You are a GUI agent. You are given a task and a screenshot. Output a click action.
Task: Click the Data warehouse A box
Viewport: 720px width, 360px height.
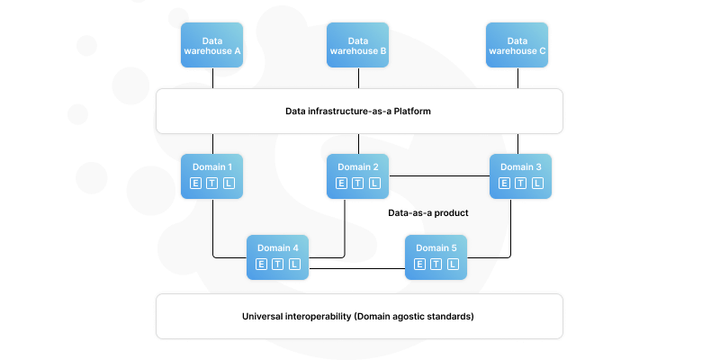(212, 46)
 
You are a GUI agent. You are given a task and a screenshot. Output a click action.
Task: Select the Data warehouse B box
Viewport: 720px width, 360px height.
(358, 46)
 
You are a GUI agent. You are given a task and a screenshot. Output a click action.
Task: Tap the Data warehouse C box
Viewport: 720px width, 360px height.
(517, 46)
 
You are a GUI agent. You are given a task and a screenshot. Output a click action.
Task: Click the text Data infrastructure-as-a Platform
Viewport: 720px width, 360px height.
(359, 112)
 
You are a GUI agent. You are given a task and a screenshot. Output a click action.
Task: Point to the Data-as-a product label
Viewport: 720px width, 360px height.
(428, 213)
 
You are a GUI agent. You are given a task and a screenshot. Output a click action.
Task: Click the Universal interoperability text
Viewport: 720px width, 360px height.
(359, 317)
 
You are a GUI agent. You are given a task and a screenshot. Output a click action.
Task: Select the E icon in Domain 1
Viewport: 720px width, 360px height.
(195, 184)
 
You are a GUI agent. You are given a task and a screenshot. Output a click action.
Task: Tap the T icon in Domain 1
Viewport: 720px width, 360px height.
(212, 184)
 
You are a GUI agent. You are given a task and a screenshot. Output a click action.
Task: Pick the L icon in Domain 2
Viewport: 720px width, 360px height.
(374, 184)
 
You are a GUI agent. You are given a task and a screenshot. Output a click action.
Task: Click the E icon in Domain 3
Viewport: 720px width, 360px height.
(504, 184)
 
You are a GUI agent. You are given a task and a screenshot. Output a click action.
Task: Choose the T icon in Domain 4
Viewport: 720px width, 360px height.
(278, 264)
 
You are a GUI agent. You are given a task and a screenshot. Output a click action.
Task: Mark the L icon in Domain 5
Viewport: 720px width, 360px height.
(453, 264)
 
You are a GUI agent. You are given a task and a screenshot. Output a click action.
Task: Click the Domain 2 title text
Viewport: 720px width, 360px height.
(358, 166)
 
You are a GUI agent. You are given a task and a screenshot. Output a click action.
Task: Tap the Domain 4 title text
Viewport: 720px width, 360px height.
(278, 247)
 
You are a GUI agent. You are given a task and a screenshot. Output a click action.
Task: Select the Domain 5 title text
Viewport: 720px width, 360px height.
(436, 247)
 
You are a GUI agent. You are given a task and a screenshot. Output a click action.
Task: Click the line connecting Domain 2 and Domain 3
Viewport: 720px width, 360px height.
(439, 175)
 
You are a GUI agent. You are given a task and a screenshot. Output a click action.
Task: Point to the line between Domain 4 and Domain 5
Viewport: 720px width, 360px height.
(356, 267)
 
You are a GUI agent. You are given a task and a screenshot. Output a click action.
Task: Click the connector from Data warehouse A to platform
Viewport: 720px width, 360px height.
(212, 78)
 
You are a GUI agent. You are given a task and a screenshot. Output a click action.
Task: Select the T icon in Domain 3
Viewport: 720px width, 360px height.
(521, 184)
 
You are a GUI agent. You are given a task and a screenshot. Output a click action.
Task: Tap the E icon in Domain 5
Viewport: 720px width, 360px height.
(419, 264)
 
